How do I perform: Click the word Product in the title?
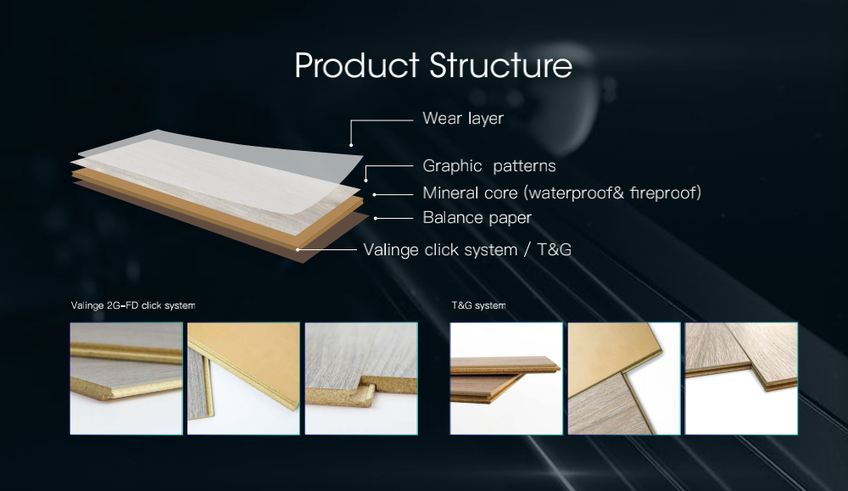(357, 65)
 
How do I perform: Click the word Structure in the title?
(501, 65)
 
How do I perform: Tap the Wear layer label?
(463, 119)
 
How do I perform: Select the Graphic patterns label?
(489, 166)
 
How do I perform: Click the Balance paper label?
(477, 218)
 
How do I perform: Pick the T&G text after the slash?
(555, 249)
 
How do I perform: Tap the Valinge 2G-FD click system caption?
(133, 305)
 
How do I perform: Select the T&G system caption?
(478, 305)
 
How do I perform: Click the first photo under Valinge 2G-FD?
(126, 378)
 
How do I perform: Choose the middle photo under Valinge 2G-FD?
(243, 378)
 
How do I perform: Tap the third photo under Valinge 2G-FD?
(361, 378)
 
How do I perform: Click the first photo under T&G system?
(506, 378)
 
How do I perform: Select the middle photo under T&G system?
(624, 378)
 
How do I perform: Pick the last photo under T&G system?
(741, 378)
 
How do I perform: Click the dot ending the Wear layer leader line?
(351, 145)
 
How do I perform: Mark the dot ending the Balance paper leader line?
(376, 219)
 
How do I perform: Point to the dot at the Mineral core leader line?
(374, 195)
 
